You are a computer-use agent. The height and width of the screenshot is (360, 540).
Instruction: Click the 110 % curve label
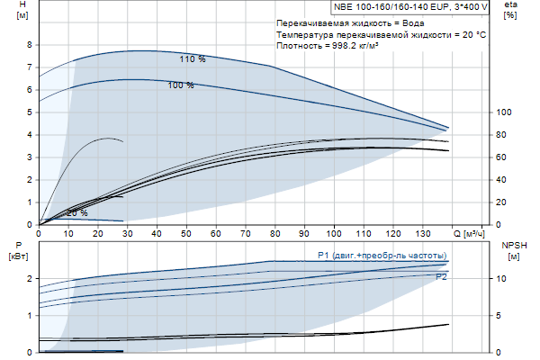pyautogui.click(x=192, y=59)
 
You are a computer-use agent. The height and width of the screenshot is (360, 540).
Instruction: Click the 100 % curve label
pyautogui.click(x=181, y=85)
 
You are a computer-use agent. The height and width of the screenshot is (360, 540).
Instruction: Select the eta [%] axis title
pyautogui.click(x=511, y=10)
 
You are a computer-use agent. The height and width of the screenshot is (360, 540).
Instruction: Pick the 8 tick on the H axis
pyautogui.click(x=29, y=45)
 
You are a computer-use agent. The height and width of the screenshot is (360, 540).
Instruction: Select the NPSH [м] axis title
pyautogui.click(x=511, y=250)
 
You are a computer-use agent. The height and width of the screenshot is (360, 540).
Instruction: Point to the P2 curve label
pyautogui.click(x=441, y=277)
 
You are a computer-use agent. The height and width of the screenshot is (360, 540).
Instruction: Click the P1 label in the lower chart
pyautogui.click(x=323, y=256)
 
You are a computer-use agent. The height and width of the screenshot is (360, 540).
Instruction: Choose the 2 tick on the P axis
pyautogui.click(x=29, y=279)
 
